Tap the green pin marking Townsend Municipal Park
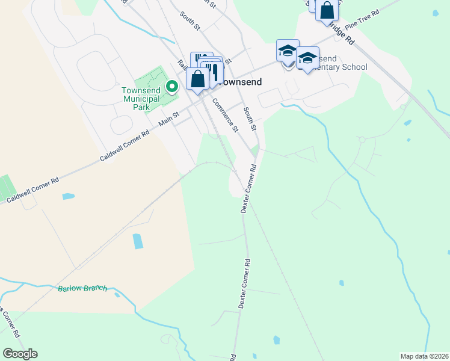[x=172, y=87]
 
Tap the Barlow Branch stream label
[x=82, y=288]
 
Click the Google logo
[x=20, y=354]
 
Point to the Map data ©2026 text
[x=424, y=356]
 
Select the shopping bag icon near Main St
[x=197, y=79]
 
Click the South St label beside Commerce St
[x=249, y=119]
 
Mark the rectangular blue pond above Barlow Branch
[x=138, y=241]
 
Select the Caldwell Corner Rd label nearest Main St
[x=124, y=147]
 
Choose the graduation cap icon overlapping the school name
[x=307, y=58]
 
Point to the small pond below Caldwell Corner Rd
[x=68, y=196]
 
